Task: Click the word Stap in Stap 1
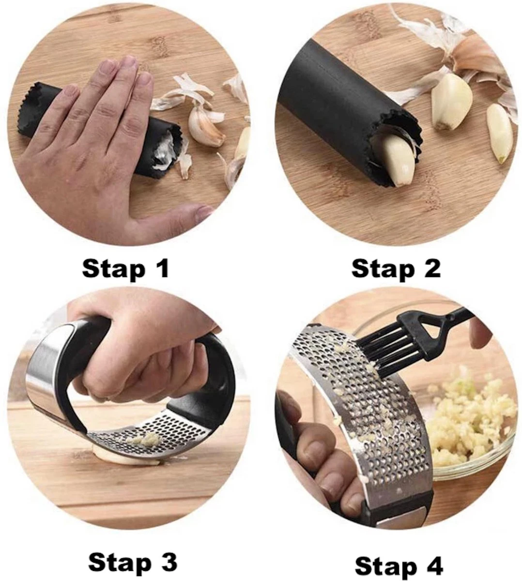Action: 114,270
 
